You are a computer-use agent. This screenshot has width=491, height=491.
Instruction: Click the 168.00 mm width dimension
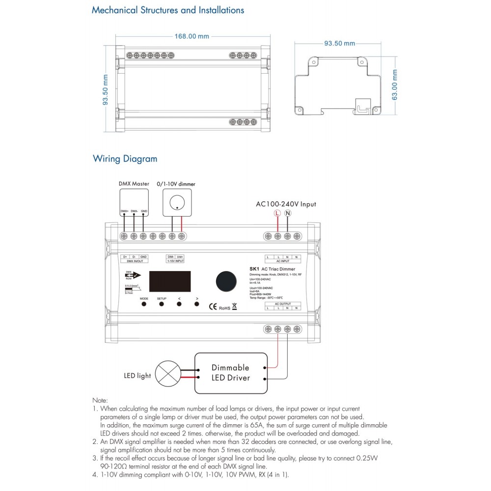pos(192,36)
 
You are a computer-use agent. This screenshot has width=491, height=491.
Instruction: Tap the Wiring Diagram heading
pos(125,159)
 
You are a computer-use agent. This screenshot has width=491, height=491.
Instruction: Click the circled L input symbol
pos(277,214)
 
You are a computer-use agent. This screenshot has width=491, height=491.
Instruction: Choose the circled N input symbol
pos(288,214)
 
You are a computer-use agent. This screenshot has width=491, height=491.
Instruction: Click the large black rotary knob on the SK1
pos(224,280)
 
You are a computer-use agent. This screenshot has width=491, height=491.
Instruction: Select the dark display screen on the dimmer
pos(169,281)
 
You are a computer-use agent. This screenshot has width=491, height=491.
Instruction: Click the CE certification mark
pos(213,307)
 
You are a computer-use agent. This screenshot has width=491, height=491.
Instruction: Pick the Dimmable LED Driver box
pos(230,372)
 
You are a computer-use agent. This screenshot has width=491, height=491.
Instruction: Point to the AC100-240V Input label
pos(286,204)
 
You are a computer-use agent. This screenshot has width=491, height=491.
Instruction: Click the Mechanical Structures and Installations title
pos(168,10)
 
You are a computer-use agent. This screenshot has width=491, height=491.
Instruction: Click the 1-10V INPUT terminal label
pos(175,262)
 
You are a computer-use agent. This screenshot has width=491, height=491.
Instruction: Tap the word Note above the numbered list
pos(100,401)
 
